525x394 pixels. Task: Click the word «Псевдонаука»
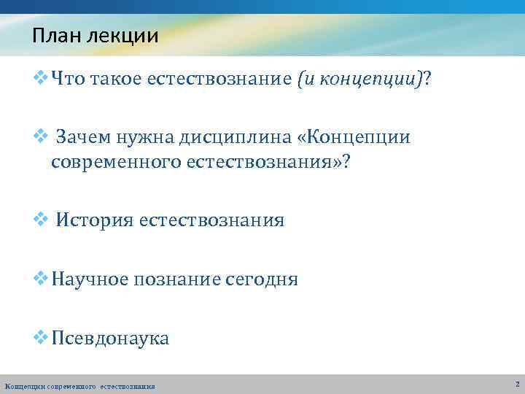110,338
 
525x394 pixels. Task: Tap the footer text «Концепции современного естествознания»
79,386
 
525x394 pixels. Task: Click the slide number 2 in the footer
516,384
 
